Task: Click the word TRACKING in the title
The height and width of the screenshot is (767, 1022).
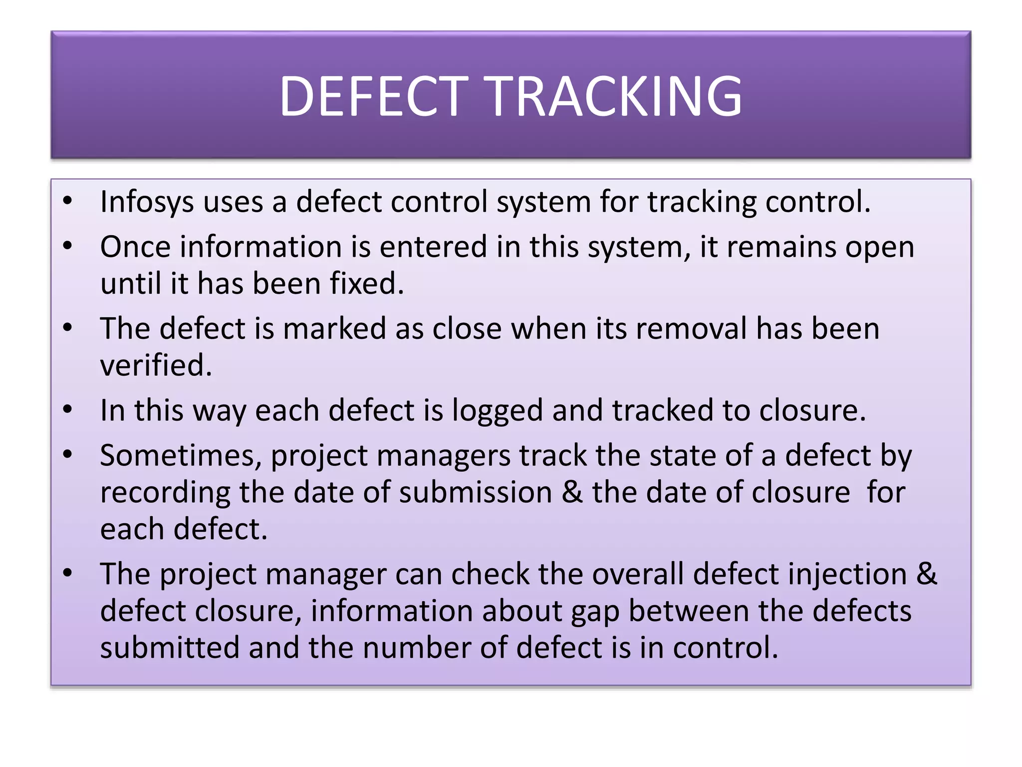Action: point(615,96)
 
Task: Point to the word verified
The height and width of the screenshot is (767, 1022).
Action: point(156,366)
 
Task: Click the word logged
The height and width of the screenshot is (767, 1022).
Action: point(497,410)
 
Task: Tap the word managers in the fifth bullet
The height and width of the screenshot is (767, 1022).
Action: point(443,456)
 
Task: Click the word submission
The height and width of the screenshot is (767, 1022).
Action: point(475,492)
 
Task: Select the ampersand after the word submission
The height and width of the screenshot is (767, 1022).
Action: point(572,492)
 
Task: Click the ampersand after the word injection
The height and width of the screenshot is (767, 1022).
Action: point(927,574)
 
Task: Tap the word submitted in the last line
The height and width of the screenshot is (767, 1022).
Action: point(169,648)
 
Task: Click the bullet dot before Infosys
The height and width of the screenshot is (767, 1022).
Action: point(68,201)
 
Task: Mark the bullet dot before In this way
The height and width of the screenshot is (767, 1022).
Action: point(68,410)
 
